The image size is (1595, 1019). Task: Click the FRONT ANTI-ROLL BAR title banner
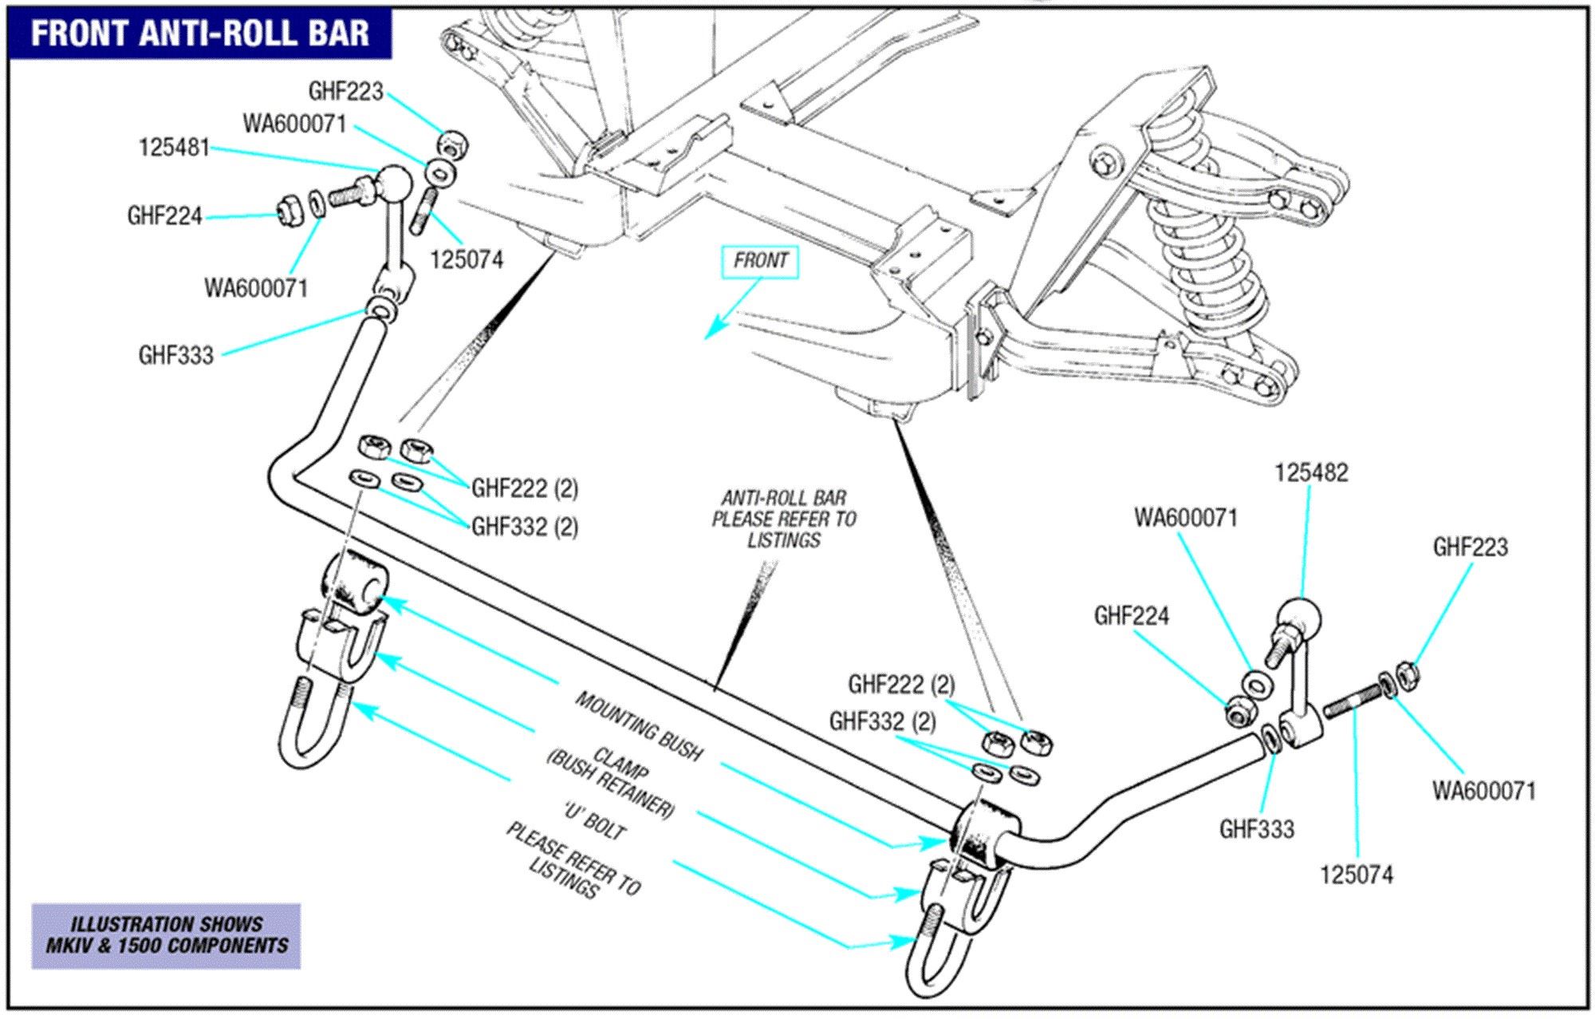click(x=199, y=34)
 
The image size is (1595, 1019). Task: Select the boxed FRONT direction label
click(x=760, y=261)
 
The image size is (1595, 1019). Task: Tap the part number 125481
click(x=174, y=148)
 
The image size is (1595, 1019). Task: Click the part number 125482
click(x=1311, y=472)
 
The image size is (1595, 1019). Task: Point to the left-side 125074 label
click(x=467, y=260)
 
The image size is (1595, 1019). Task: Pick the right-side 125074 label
click(x=1356, y=875)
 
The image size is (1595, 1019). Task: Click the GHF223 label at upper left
click(x=345, y=91)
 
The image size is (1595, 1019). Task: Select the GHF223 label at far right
click(x=1471, y=547)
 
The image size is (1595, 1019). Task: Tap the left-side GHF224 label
click(x=164, y=216)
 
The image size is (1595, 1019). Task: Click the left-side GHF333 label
click(x=176, y=355)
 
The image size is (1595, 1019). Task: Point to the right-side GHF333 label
click(x=1256, y=830)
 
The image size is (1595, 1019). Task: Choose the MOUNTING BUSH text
click(x=639, y=727)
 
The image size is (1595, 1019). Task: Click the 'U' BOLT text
click(x=594, y=823)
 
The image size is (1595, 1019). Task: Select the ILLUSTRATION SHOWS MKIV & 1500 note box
click(x=166, y=935)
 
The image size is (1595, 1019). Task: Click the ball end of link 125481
click(x=393, y=184)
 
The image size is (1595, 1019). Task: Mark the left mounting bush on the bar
click(x=353, y=587)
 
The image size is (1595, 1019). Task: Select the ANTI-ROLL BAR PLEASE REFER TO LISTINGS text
click(x=783, y=519)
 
